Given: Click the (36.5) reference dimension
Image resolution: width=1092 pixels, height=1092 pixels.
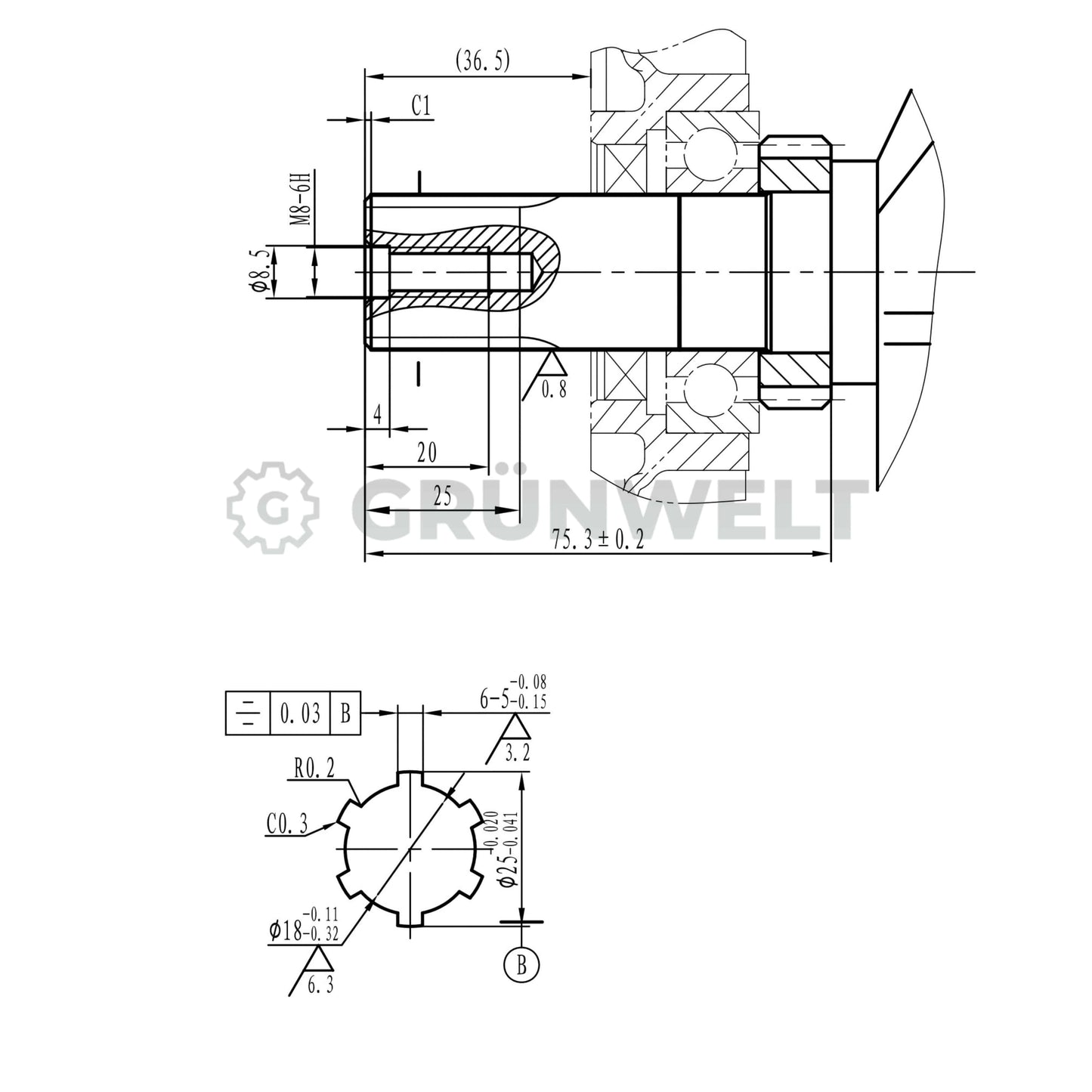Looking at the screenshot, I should [482, 61].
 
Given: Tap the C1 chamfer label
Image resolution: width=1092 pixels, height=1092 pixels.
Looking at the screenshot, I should [422, 107].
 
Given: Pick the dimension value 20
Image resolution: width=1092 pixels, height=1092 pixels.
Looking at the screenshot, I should [427, 453].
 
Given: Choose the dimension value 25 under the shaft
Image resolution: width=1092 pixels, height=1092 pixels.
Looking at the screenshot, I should [442, 497].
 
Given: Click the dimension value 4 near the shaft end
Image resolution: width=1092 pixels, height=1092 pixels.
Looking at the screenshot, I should [377, 415].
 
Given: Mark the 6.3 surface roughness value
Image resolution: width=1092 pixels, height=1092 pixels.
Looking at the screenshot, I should [320, 985].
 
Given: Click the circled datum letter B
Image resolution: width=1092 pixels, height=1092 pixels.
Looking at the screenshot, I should [521, 964].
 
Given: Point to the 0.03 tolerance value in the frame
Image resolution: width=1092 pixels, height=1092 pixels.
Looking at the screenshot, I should [300, 713].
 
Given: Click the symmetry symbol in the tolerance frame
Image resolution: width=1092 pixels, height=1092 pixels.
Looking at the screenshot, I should [247, 713].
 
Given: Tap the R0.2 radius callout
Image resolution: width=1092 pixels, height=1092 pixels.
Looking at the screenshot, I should [313, 770].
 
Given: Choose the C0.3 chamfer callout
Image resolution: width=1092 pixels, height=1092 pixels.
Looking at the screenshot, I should [286, 824].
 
